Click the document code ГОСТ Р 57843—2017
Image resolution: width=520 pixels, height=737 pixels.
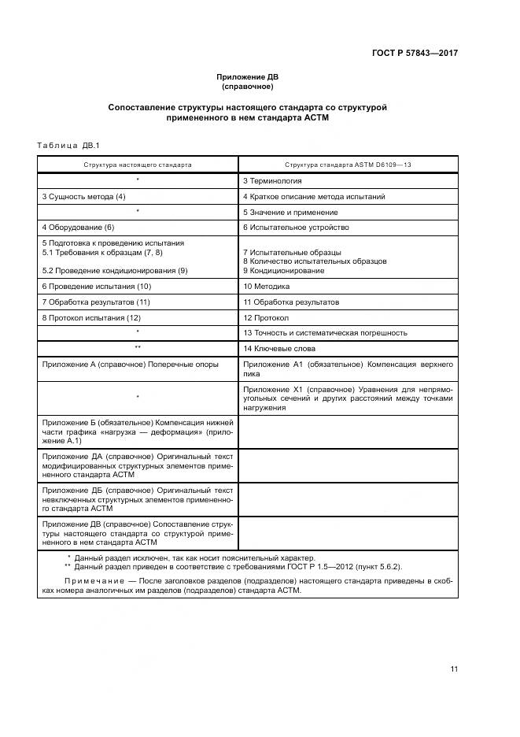click(415, 53)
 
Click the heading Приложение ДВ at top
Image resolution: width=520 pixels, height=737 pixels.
click(248, 76)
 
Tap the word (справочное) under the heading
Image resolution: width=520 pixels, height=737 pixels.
click(248, 86)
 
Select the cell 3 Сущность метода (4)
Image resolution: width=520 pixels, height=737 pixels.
click(84, 196)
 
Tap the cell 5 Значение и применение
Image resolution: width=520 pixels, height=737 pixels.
click(290, 212)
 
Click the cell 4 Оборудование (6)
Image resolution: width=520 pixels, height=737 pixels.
click(79, 228)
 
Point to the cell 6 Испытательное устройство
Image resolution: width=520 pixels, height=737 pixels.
click(296, 228)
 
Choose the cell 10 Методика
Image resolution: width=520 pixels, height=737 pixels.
click(267, 287)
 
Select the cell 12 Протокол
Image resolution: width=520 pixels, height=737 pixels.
click(267, 317)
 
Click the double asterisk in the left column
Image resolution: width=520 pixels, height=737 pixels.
click(138, 348)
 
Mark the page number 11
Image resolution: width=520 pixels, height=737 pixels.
click(454, 668)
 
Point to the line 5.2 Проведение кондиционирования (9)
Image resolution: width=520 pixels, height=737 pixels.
click(115, 270)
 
